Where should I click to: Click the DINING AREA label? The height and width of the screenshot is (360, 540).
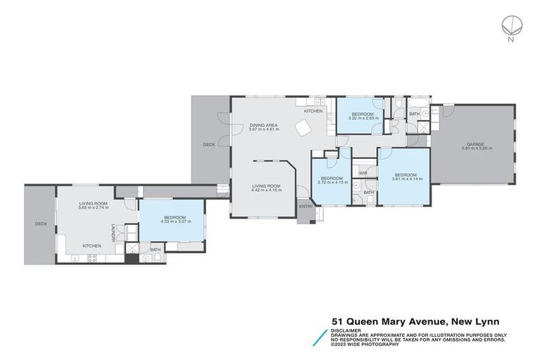264,125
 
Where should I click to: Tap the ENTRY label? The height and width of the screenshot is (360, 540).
306,207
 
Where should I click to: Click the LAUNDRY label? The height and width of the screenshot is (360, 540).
113,231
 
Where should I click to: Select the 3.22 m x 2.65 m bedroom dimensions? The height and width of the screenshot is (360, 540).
363,118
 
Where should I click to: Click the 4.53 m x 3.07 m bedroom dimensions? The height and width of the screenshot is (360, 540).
175,221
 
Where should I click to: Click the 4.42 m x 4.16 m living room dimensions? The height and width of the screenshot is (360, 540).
267,191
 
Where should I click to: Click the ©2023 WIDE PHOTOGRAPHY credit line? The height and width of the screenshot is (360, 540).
366,344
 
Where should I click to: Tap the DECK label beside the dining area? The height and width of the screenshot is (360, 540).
209,145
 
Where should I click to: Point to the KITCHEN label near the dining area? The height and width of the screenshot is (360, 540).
313,112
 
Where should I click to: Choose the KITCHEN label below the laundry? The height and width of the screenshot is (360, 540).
92,245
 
